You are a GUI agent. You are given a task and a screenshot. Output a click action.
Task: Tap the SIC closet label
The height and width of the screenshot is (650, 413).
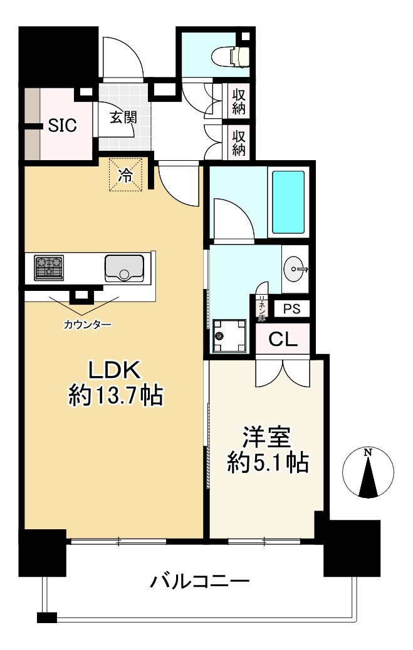(63, 125)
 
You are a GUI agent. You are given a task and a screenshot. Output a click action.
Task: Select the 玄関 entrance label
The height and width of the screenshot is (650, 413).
(123, 118)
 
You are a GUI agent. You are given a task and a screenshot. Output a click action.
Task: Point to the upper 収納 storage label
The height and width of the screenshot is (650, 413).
(239, 101)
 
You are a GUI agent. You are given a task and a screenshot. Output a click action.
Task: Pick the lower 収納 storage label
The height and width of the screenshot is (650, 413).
(239, 141)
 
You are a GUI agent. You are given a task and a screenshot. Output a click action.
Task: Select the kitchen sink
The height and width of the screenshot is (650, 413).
(124, 267)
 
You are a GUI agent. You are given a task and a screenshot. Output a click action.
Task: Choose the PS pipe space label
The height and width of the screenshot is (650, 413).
(291, 309)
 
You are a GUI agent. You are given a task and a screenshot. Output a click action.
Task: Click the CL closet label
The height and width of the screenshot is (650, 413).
(283, 340)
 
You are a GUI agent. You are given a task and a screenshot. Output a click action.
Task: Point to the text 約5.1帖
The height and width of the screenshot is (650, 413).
(268, 463)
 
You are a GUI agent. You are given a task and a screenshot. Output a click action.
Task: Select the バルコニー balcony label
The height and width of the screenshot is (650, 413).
(199, 582)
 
